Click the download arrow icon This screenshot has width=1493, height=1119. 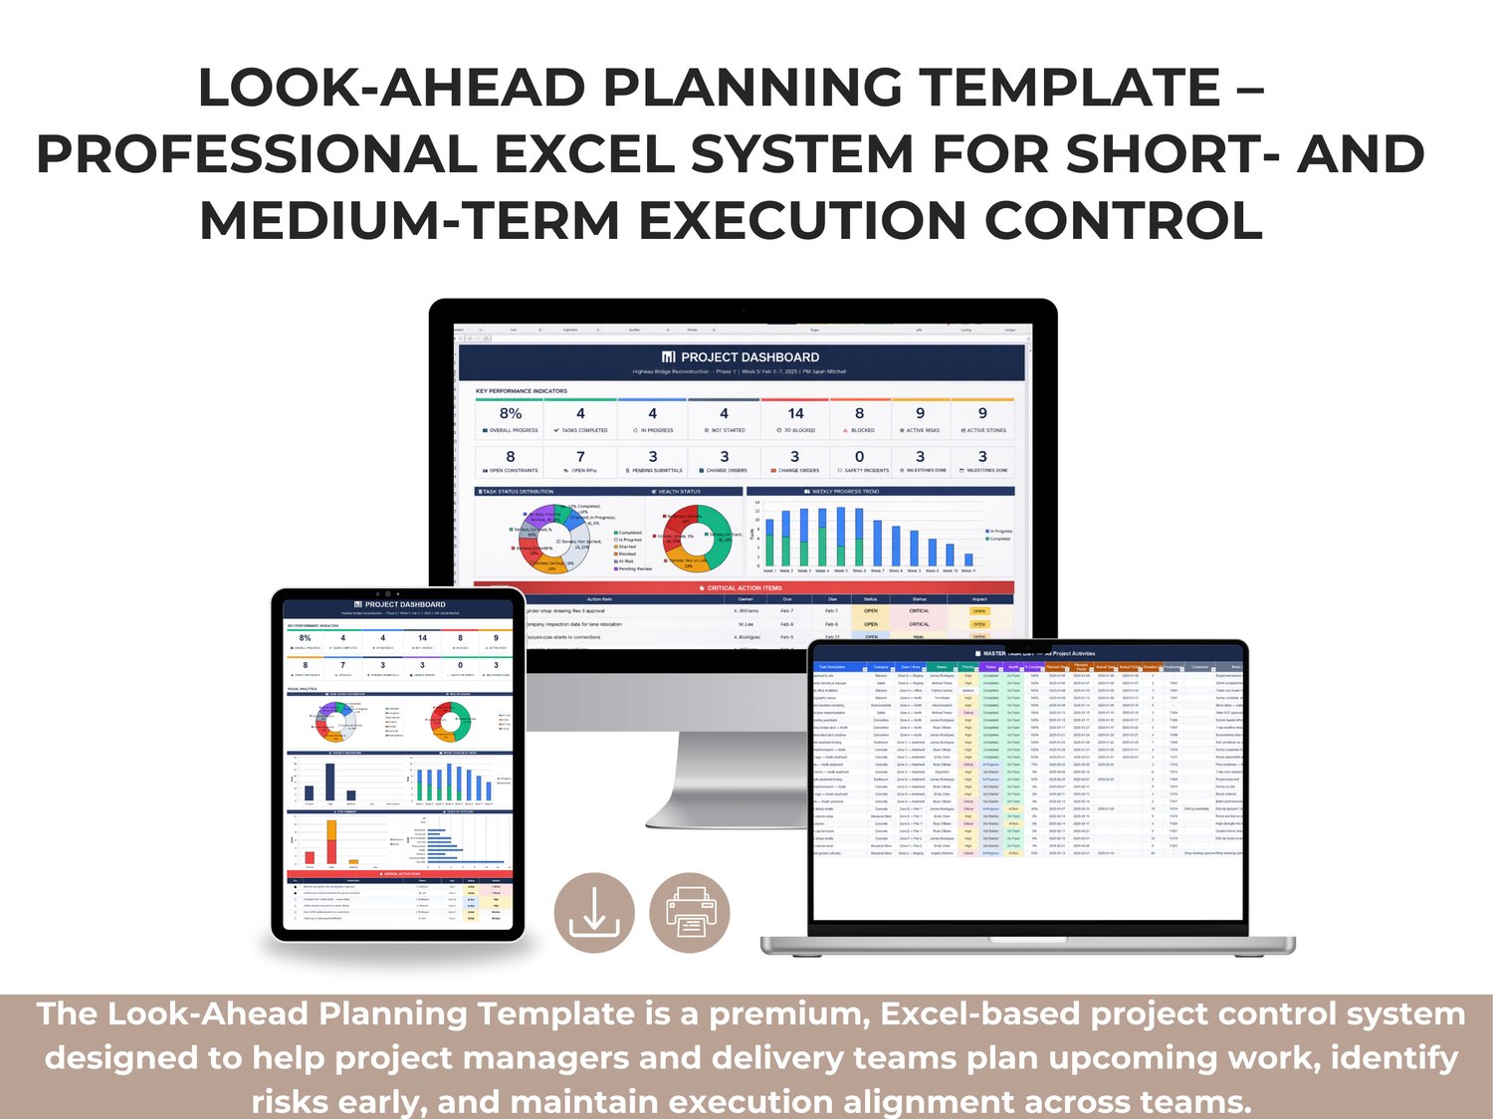[x=594, y=911]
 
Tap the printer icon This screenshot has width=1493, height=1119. [x=690, y=913]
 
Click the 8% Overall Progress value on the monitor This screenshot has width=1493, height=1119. [x=511, y=414]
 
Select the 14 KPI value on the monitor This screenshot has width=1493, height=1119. [x=795, y=414]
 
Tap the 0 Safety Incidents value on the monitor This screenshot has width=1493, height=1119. [x=859, y=457]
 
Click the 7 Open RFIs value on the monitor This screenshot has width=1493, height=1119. [x=580, y=457]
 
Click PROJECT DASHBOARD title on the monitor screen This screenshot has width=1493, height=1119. [x=749, y=357]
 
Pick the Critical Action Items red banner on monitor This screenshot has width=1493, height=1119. [x=744, y=587]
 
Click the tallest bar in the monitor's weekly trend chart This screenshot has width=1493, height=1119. [x=841, y=538]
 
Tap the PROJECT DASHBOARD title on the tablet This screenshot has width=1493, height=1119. [x=404, y=604]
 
